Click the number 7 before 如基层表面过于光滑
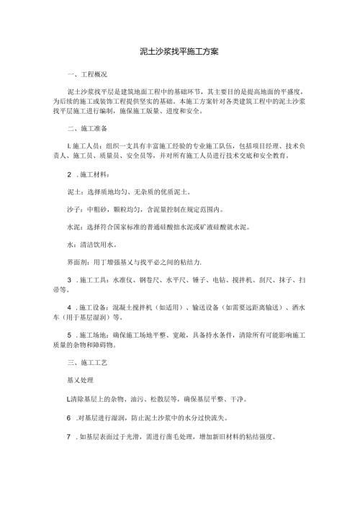point(68,436)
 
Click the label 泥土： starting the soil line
point(73,194)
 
